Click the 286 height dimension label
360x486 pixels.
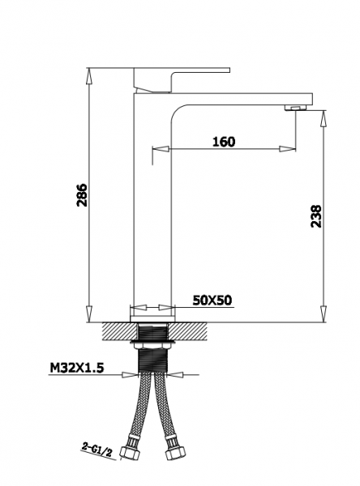tap(83, 195)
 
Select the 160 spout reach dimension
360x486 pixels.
tap(224, 142)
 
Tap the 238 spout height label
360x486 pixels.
tap(316, 216)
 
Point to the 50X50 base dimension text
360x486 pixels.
tap(212, 300)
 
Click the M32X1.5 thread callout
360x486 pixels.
tap(77, 368)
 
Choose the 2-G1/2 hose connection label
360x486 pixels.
tap(96, 449)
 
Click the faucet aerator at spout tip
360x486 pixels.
tap(295, 108)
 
